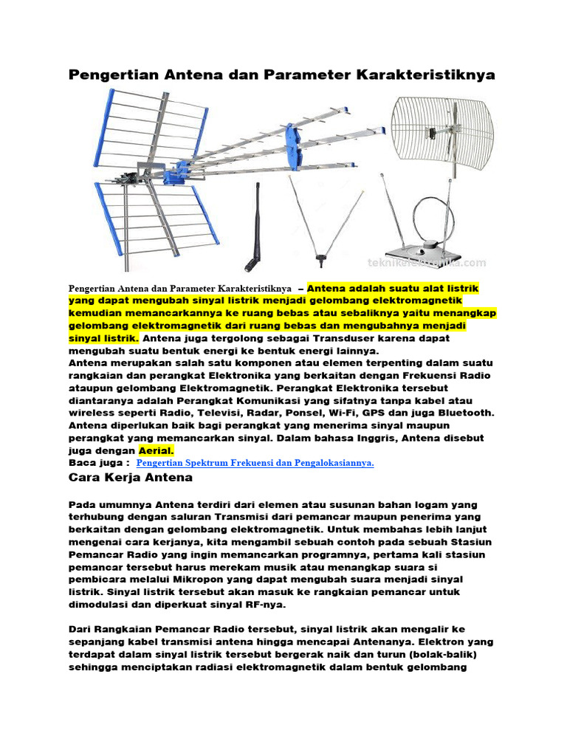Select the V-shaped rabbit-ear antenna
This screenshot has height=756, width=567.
[322, 221]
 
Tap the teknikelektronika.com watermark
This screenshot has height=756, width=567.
[427, 262]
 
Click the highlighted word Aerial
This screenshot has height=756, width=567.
[156, 450]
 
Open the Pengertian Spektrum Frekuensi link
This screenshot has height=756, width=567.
[255, 463]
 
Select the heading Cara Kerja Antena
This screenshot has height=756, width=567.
[131, 478]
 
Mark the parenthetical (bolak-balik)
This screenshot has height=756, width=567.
[436, 655]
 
